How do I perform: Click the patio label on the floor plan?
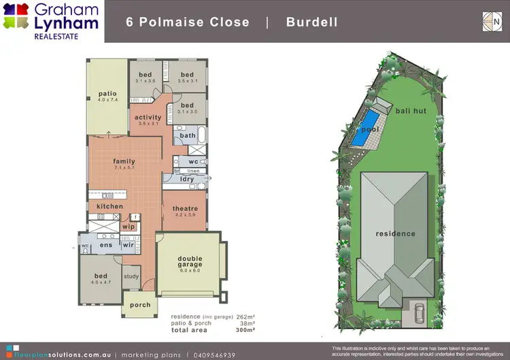click(107, 93)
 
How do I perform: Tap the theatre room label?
click(185, 208)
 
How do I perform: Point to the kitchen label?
click(109, 206)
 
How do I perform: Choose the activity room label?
click(148, 118)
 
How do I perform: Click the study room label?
click(131, 276)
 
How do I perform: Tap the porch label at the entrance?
click(140, 305)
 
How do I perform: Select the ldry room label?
click(187, 180)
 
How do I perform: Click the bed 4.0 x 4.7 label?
click(101, 276)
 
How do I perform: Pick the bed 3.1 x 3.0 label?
click(187, 105)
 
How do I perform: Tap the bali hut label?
click(411, 110)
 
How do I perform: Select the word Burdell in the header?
click(312, 22)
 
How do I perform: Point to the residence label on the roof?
click(396, 233)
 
